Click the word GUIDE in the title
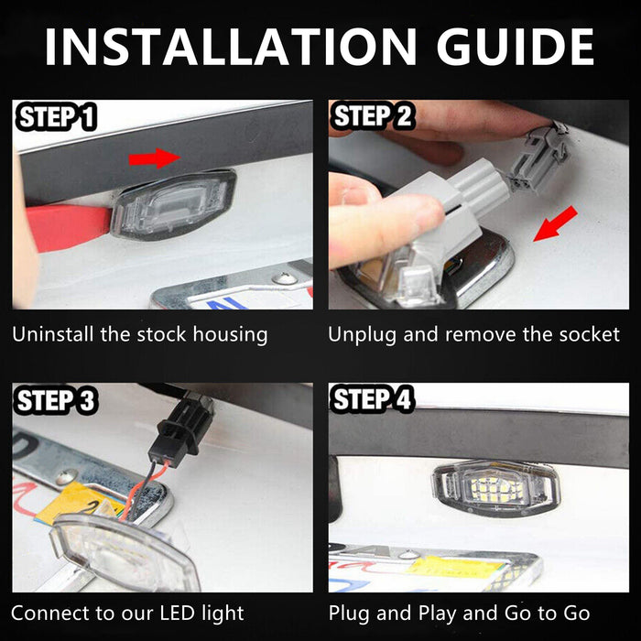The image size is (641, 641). (x=515, y=47)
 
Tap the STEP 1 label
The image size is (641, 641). (x=56, y=117)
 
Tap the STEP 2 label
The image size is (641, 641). (x=373, y=115)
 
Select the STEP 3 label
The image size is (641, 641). (x=56, y=400)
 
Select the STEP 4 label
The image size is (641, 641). (x=373, y=398)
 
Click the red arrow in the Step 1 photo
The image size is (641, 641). (x=155, y=158)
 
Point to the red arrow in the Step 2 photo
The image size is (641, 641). (x=555, y=223)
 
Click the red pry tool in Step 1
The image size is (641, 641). (x=68, y=226)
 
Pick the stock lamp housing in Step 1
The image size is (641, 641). (x=174, y=204)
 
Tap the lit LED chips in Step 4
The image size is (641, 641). (x=489, y=488)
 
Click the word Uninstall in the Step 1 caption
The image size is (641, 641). (x=53, y=334)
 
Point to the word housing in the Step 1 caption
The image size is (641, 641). (x=230, y=335)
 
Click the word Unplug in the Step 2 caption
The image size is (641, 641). (x=362, y=335)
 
